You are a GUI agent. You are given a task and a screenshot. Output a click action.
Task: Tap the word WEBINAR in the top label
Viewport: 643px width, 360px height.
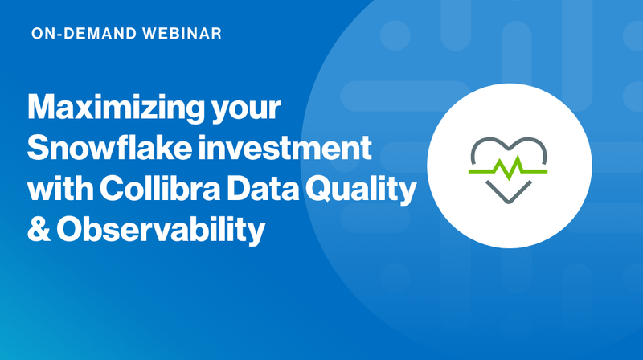(x=178, y=35)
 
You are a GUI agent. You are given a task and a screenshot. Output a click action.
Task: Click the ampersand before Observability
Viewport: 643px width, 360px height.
(x=40, y=231)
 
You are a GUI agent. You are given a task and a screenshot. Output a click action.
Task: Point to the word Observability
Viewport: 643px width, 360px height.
(x=161, y=231)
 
